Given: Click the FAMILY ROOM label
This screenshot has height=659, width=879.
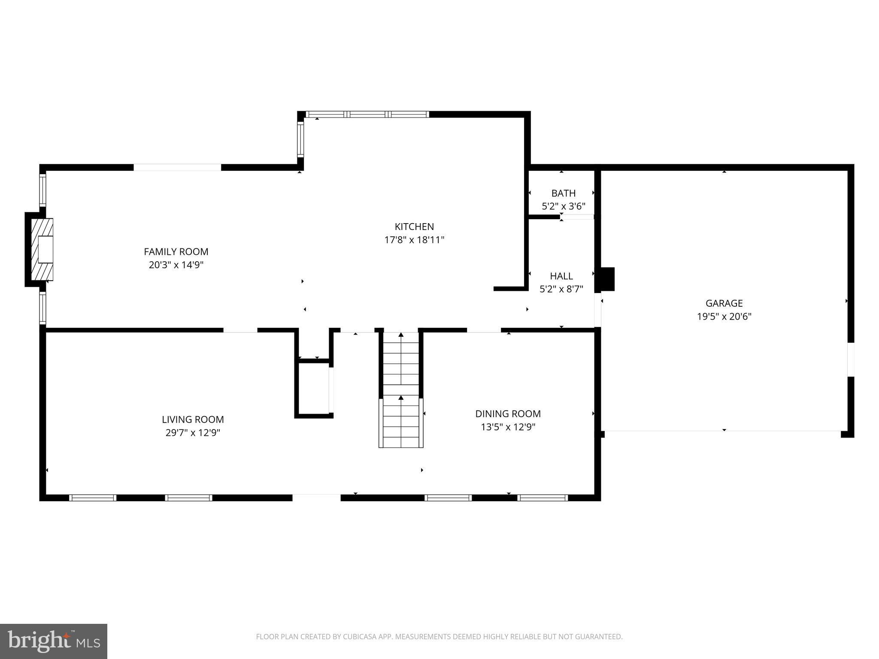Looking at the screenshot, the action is point(176,251).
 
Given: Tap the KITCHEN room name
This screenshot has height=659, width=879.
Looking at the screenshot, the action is point(414,227).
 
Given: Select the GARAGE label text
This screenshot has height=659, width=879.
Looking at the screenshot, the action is point(724,303).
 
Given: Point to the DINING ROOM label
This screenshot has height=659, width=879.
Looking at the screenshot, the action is point(508,414).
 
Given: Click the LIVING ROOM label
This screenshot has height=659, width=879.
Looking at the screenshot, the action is point(193,419).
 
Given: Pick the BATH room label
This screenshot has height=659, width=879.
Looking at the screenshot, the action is point(563,193).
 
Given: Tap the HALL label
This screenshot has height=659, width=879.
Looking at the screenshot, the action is point(561,276).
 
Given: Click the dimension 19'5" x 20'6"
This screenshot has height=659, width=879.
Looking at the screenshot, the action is point(724,317).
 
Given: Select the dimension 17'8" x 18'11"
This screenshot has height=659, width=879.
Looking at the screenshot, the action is point(414,240).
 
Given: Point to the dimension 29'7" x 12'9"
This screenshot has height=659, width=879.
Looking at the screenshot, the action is point(193,432).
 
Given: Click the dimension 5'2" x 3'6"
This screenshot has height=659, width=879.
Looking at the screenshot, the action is point(563,206).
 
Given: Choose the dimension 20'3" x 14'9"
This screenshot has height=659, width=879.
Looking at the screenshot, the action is point(176,265).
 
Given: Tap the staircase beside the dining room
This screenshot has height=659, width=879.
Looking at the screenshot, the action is point(401,390).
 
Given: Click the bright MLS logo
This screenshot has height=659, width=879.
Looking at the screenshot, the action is point(54,641).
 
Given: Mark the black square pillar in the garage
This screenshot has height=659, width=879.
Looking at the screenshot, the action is point(607,279).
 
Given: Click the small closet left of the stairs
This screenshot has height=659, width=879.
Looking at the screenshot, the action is point(313,388).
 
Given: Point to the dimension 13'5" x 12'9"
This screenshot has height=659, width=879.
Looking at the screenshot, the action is point(508,427).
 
